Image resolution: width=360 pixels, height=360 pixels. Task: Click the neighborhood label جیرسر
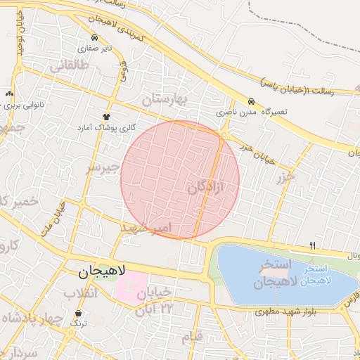click(103, 169)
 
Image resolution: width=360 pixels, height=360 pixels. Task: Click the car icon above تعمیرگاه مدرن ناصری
click(252, 101)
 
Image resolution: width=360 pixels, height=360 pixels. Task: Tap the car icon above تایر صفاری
click(94, 37)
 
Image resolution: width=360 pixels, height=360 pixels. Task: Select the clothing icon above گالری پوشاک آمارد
click(107, 117)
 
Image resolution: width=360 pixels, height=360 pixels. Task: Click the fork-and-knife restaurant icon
click(312, 245)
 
